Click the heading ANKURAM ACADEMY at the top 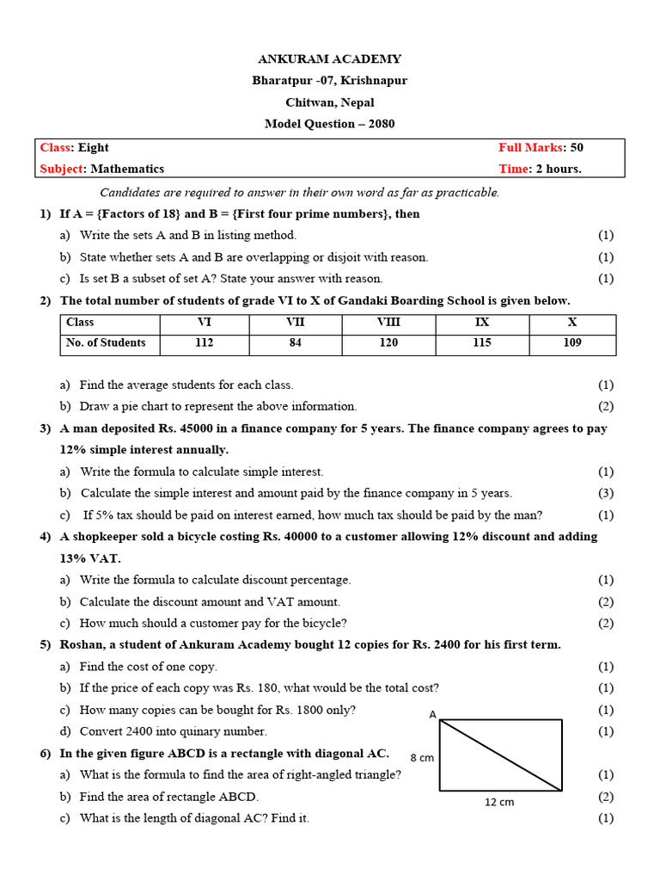[329, 59]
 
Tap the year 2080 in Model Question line [381, 124]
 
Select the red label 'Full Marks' [529, 148]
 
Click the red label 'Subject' [63, 169]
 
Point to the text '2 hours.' [559, 169]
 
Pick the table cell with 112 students [204, 343]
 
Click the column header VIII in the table [388, 323]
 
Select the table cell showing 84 [295, 343]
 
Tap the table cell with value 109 [571, 343]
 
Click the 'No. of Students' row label [106, 343]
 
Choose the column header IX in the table [482, 323]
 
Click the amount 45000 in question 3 [186, 428]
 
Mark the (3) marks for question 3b [606, 493]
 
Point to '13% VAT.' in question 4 [86, 558]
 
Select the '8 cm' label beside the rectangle [421, 758]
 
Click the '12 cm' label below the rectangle [499, 802]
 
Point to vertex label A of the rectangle [432, 714]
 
